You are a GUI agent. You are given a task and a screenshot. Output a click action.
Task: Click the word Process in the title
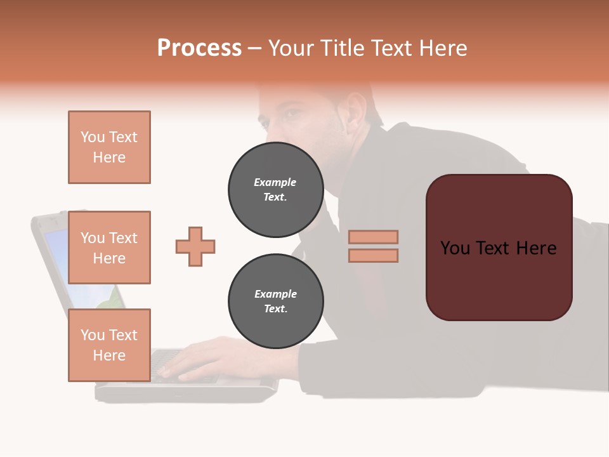coord(199,48)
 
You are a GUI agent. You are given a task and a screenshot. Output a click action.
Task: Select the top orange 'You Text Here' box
coord(109,147)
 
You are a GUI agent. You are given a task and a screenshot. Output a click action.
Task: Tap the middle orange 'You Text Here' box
coord(109,248)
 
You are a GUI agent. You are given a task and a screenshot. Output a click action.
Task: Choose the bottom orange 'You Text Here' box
coord(109,345)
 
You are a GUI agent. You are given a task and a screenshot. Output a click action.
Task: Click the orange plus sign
coord(195,246)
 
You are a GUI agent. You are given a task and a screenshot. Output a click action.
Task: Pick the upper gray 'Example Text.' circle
coord(275,190)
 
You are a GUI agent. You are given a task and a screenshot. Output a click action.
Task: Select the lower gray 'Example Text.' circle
coord(275,301)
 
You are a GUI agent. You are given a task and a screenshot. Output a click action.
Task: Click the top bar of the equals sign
coord(373,237)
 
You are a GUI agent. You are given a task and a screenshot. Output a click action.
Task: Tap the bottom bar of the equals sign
coord(373,255)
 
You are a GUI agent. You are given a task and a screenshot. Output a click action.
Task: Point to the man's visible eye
coord(290,115)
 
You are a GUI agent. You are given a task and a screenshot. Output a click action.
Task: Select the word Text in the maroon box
coord(499,248)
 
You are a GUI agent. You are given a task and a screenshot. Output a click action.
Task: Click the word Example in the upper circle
coord(275,182)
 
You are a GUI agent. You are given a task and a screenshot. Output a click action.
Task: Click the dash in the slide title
coord(254,48)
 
